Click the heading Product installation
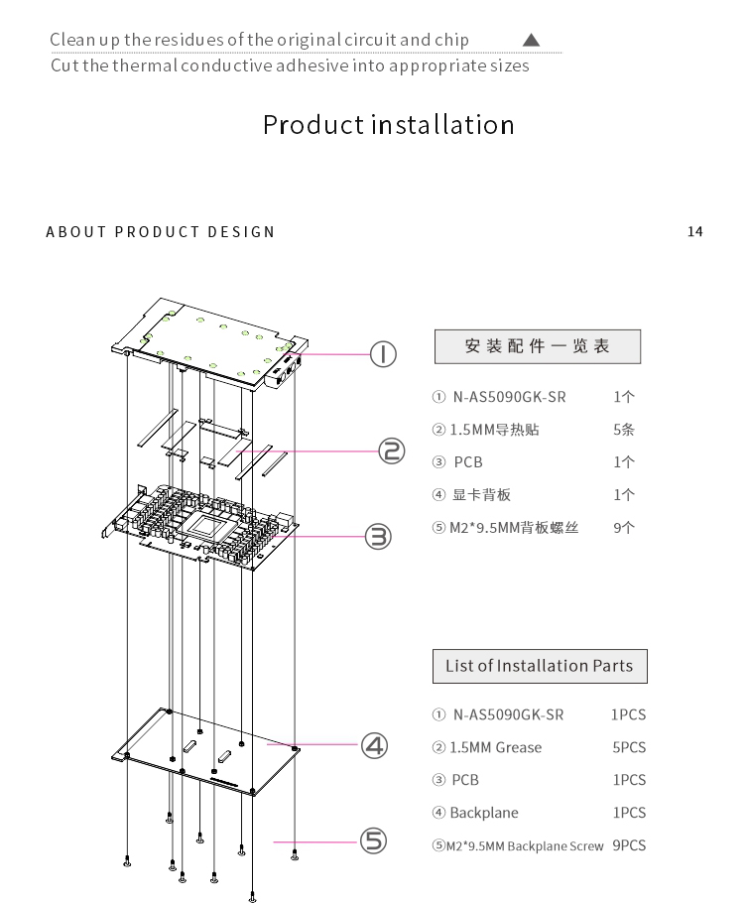point(388,125)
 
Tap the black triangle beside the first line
point(531,40)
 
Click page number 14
point(694,231)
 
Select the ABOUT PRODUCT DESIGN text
point(161,232)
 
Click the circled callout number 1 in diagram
point(384,353)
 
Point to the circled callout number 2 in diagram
point(392,451)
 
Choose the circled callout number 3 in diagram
point(378,537)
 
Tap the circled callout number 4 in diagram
point(373,744)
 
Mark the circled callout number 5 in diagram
point(371,841)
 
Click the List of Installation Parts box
point(539,666)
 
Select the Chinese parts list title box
point(537,346)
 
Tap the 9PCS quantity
point(629,845)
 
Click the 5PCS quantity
point(629,747)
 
